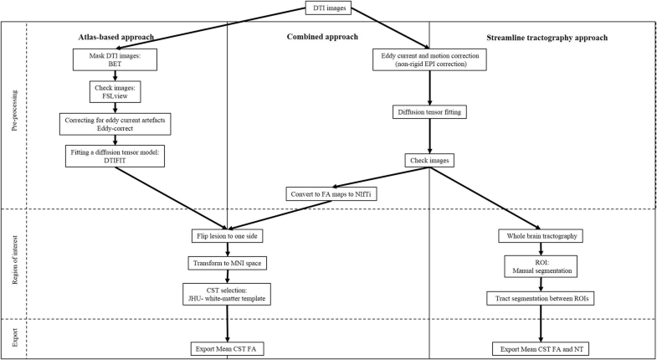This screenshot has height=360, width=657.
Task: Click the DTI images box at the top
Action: pos(328,10)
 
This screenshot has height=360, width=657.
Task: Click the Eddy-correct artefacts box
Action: pos(113,123)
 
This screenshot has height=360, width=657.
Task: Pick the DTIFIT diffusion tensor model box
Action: pos(113,156)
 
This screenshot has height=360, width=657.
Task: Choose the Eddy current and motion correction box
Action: pos(429,60)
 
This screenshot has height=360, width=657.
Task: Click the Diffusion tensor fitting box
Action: pos(429,111)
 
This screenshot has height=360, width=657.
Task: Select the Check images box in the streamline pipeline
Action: pos(429,160)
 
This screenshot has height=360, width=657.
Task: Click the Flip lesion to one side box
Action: pos(227,235)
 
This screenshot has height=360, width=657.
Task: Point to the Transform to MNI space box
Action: pos(227,263)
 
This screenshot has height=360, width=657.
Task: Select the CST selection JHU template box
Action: pos(227,294)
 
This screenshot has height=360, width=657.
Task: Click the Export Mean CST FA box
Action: pos(227,347)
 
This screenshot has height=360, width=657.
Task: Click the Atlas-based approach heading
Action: pos(113,38)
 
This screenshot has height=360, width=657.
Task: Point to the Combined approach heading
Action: pos(322,38)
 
